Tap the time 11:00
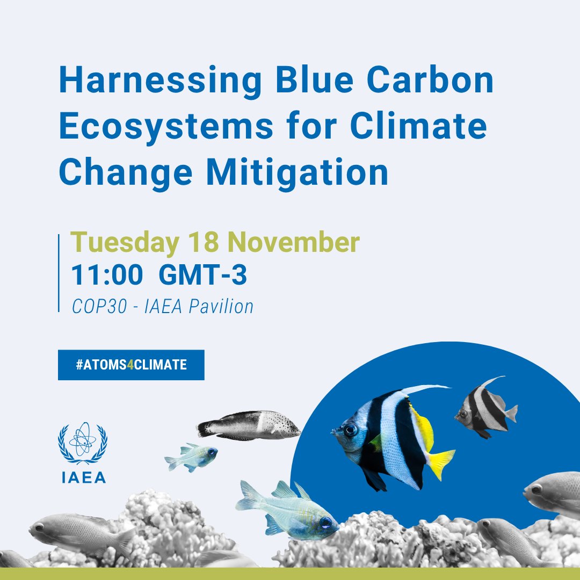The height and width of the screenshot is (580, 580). pyautogui.click(x=107, y=276)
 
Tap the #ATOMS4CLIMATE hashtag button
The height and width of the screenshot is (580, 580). pyautogui.click(x=131, y=365)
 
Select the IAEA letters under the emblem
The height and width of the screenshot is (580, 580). pyautogui.click(x=82, y=477)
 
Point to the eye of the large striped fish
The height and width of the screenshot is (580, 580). pyautogui.click(x=351, y=430)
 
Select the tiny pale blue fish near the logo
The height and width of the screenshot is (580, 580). pyautogui.click(x=191, y=457)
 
